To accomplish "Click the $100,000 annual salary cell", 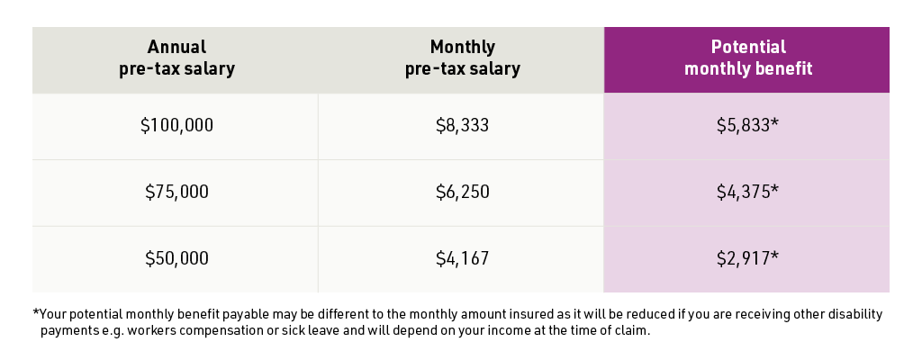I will (176, 126).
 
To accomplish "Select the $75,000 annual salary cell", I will (176, 192).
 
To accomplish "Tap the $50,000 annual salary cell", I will (176, 258).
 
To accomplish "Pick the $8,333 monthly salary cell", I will (462, 126).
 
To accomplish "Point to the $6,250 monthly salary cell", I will (462, 192).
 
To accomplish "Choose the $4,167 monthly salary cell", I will (462, 258).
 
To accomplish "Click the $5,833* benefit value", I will (747, 126).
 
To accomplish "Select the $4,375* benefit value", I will (747, 192).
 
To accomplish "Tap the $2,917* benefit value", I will (747, 258).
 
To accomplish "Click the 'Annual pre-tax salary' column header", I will (176, 58).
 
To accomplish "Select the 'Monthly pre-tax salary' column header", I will (462, 58).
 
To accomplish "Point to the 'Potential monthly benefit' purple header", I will (747, 58).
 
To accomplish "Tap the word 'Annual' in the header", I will (176, 48).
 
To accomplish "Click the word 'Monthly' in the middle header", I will (462, 48).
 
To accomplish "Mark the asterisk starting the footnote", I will (36, 313).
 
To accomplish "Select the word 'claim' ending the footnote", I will (629, 330).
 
